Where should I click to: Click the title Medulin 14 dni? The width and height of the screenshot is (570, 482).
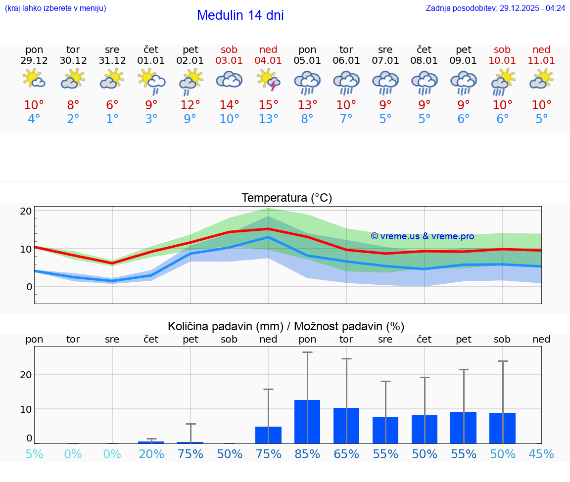pyautogui.click(x=240, y=15)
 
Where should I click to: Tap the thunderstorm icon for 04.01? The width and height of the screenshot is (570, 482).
pyautogui.click(x=268, y=80)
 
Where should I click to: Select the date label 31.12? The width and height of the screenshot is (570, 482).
pyautogui.click(x=112, y=61)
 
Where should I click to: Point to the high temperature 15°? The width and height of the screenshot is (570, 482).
pyautogui.click(x=268, y=105)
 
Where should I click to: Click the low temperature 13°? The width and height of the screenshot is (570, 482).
pyautogui.click(x=268, y=119)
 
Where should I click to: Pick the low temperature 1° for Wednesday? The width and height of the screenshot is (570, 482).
pyautogui.click(x=112, y=119)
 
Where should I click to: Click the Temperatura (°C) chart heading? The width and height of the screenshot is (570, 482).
pyautogui.click(x=286, y=198)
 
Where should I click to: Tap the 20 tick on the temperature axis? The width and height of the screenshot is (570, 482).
pyautogui.click(x=26, y=211)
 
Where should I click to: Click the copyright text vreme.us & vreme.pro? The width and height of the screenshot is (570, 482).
pyautogui.click(x=422, y=236)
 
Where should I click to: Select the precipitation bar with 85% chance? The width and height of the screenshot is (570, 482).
pyautogui.click(x=307, y=421)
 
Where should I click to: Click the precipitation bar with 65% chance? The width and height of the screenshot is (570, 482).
pyautogui.click(x=346, y=425)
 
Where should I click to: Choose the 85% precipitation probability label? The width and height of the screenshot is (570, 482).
pyautogui.click(x=307, y=454)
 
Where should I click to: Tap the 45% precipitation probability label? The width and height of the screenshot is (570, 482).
pyautogui.click(x=541, y=454)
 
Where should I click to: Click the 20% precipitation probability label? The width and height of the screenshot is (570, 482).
pyautogui.click(x=151, y=454)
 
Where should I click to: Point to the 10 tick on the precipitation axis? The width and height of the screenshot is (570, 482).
pyautogui.click(x=26, y=409)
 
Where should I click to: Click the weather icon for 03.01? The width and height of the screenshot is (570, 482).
pyautogui.click(x=229, y=80)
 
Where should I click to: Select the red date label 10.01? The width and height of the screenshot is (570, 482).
pyautogui.click(x=502, y=61)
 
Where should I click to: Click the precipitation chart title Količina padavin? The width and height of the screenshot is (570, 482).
pyautogui.click(x=286, y=326)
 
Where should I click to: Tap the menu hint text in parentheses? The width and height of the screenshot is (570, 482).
pyautogui.click(x=55, y=8)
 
